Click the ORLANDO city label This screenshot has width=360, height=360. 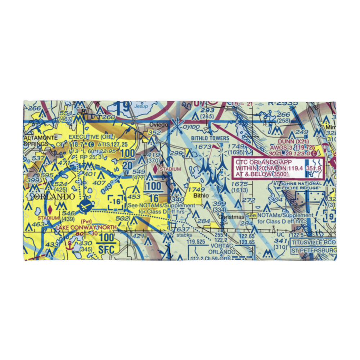pyautogui.click(x=50, y=197)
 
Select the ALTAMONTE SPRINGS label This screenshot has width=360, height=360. pyautogui.click(x=36, y=140)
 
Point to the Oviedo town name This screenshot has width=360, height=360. pyautogui.click(x=159, y=125)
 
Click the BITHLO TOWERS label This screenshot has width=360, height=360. pyautogui.click(x=210, y=138)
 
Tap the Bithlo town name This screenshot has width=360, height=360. pyautogui.click(x=201, y=195)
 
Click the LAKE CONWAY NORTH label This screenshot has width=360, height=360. pyautogui.click(x=86, y=227)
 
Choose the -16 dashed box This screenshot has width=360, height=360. pyautogui.click(x=116, y=202)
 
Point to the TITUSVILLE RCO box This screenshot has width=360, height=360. pyautogui.click(x=314, y=242)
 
